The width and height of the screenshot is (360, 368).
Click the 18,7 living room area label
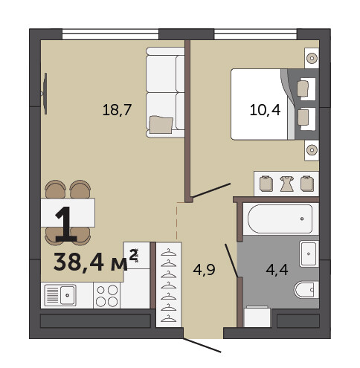coord(117,110)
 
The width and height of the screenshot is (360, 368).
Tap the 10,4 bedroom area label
coord(265,110)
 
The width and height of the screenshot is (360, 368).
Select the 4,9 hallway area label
coord(204,270)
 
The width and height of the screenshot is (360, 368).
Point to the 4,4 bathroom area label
coord(277,270)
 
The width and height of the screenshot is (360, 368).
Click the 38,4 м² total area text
coord(96,261)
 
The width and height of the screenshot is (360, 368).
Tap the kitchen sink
coord(60,295)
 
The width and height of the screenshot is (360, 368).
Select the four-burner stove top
coord(106,295)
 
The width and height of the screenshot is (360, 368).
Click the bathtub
coord(280,219)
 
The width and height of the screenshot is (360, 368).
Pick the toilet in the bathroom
coord(306,290)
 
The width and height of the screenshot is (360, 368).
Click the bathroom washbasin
coord(309,254)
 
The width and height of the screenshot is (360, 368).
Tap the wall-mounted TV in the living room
coord(45,94)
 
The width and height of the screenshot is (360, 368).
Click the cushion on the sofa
coord(161,125)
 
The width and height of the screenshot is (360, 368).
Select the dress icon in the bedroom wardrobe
coord(287,184)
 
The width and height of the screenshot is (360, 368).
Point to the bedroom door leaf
coord(212,190)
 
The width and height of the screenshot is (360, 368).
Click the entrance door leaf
coord(202,345)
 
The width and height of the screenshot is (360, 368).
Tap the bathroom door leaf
coord(231,260)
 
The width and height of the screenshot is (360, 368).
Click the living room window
coord(110,34)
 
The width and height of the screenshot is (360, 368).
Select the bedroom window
coord(255,34)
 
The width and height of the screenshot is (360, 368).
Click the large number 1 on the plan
coord(65,224)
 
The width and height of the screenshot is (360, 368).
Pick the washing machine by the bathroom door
coord(257,317)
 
